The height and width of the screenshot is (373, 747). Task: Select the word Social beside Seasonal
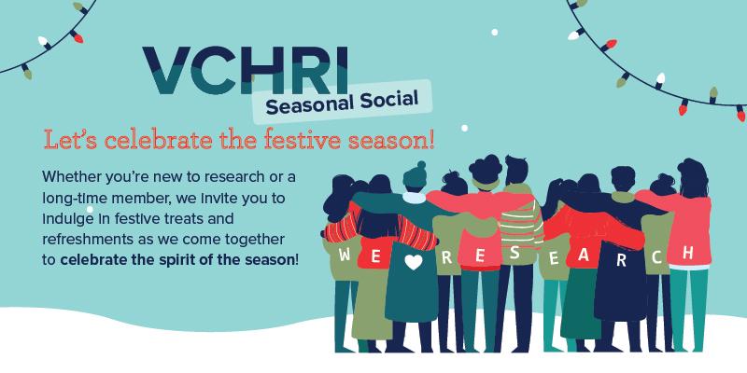(x=389, y=98)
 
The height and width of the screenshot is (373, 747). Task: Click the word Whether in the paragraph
(x=66, y=177)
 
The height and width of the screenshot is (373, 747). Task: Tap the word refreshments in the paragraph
(x=83, y=240)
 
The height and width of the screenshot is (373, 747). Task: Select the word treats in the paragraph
(x=215, y=219)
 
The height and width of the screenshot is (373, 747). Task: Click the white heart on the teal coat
(x=413, y=262)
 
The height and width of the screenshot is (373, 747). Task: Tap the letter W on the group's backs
(x=345, y=255)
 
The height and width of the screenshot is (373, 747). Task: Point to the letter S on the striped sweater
(x=514, y=253)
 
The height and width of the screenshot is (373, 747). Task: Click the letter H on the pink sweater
(x=687, y=253)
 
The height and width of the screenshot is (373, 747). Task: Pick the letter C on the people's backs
(x=657, y=257)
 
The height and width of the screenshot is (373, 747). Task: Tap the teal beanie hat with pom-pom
(x=415, y=175)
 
